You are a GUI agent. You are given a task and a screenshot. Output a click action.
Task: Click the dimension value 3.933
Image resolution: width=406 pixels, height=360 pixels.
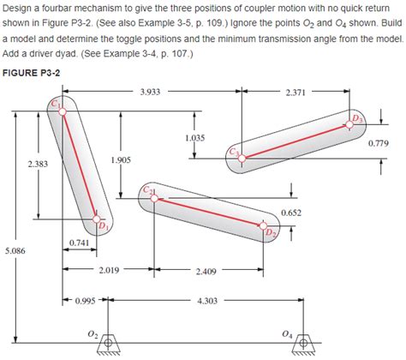(x=151, y=90)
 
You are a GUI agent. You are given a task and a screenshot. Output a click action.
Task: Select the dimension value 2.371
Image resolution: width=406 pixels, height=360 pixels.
(x=299, y=90)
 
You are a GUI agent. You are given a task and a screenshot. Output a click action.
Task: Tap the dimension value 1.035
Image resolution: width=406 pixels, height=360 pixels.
(x=194, y=138)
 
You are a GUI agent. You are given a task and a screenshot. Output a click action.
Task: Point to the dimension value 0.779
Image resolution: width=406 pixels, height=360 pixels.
(x=380, y=143)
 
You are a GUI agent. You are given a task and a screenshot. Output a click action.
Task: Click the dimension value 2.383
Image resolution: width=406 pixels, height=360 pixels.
(x=37, y=163)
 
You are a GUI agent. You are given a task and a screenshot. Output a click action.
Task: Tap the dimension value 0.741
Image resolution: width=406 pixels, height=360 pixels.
(x=79, y=244)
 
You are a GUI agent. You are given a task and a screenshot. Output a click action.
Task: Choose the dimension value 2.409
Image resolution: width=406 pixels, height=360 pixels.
(x=206, y=272)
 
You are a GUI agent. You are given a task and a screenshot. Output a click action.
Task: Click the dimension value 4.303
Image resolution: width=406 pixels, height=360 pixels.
(x=207, y=301)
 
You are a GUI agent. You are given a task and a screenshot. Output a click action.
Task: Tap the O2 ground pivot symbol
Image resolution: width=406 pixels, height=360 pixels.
(x=105, y=340)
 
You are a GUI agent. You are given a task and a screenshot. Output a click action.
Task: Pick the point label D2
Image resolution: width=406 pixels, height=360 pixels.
(x=271, y=232)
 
